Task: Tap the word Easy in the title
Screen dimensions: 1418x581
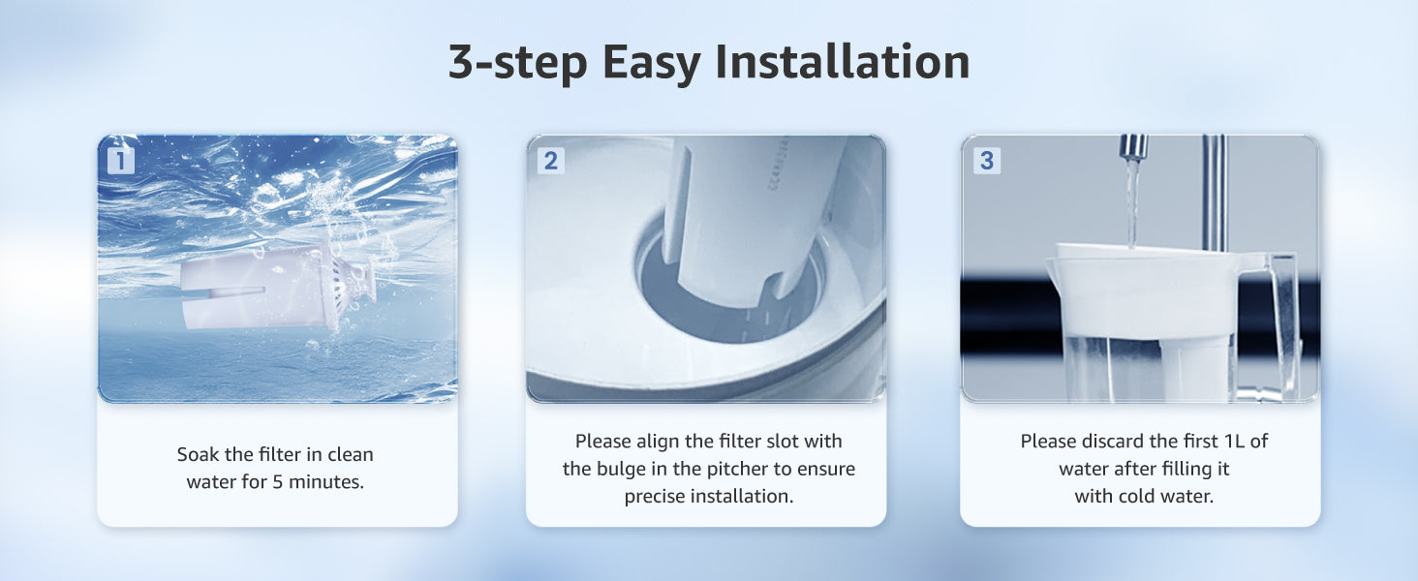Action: [x=652, y=64]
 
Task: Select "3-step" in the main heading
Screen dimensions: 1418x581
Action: [x=518, y=64]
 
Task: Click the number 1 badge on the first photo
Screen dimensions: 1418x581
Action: [x=120, y=161]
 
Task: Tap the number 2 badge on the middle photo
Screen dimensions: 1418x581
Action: [x=551, y=161]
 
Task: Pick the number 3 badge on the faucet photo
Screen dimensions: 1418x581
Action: [x=986, y=161]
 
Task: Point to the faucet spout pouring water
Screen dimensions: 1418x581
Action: [x=1133, y=148]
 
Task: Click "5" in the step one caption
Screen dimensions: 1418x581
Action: [x=277, y=482]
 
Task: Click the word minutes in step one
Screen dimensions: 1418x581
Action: [x=326, y=482]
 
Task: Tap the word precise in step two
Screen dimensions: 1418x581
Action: [x=654, y=496]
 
